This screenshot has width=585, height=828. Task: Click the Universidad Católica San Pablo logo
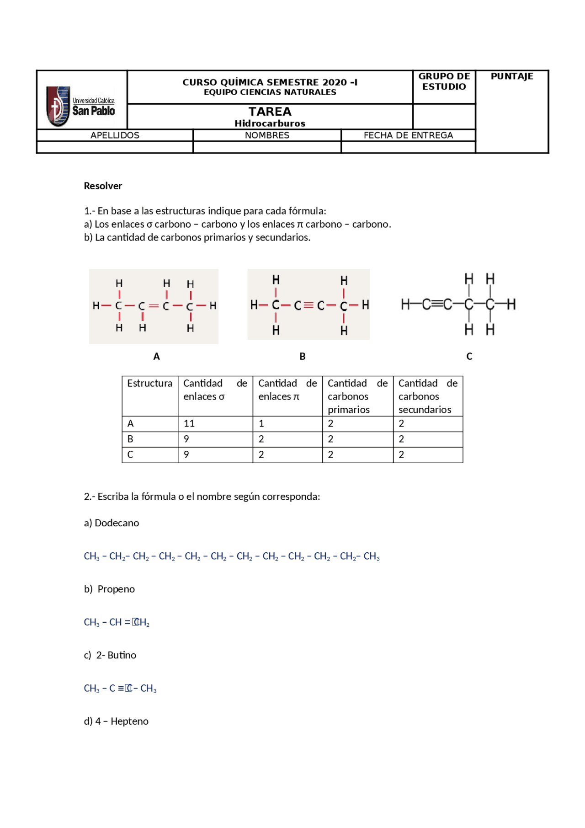tap(80, 106)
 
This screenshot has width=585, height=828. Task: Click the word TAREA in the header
tap(270, 112)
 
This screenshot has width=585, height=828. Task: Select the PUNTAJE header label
tap(512, 76)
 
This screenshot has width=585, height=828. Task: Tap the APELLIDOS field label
tap(115, 135)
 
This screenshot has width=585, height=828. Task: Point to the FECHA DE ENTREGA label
tap(408, 135)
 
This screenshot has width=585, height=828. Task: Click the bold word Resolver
tap(103, 186)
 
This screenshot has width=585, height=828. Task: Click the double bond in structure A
tap(154, 306)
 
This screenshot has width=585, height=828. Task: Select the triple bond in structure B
tap(309, 305)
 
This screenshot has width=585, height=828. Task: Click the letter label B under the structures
tap(303, 357)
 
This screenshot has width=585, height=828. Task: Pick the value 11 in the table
tap(189, 424)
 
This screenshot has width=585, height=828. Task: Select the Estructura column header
tap(149, 384)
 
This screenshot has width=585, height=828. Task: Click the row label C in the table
tap(130, 455)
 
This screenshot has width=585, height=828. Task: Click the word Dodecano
tap(117, 523)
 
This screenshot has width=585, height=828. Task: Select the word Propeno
tap(116, 589)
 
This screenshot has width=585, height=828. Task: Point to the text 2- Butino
tap(116, 655)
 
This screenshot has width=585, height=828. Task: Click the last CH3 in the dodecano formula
tap(372, 557)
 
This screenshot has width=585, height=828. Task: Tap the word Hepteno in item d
tap(129, 721)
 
